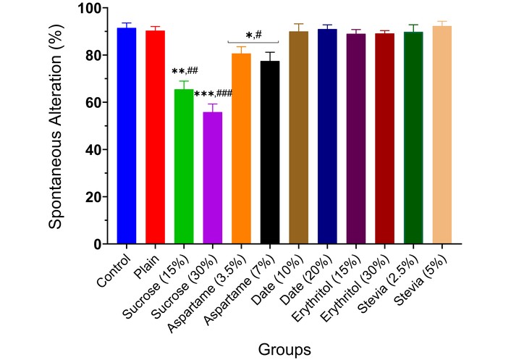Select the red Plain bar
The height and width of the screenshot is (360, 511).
click(x=156, y=138)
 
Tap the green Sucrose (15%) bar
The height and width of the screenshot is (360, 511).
click(x=184, y=167)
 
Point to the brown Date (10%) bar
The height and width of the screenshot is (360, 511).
click(x=298, y=138)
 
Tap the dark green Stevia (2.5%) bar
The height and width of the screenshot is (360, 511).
click(x=413, y=138)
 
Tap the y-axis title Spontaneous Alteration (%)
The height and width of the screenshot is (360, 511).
click(x=56, y=126)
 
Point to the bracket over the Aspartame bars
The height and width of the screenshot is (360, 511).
click(x=255, y=43)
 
